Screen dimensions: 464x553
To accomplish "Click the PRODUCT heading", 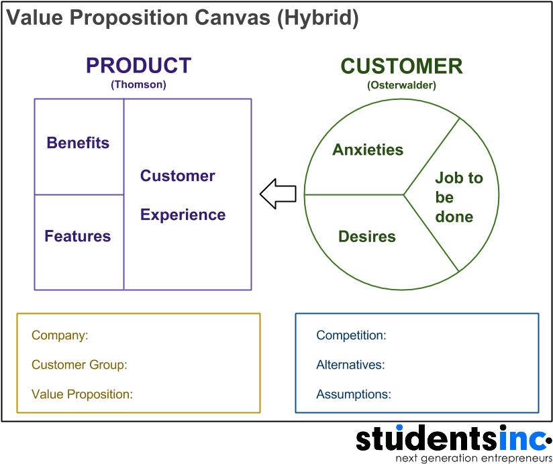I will [138, 66].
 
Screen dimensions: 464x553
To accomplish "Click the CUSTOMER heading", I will [401, 66].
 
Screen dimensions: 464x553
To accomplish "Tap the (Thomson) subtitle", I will [138, 85].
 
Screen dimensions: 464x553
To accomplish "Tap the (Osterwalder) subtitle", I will [401, 85].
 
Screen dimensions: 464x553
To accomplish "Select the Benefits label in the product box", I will [78, 143].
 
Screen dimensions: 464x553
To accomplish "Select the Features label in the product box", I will [78, 236].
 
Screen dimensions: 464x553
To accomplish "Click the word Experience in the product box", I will [183, 215].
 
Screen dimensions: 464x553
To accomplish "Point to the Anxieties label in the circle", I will [368, 150].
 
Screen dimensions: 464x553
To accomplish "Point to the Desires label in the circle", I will [367, 237].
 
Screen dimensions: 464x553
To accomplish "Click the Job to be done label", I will [458, 197].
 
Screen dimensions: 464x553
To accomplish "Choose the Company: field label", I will [60, 336].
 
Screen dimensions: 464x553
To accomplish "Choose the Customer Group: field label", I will [79, 365].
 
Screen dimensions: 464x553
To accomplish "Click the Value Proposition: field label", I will [82, 394].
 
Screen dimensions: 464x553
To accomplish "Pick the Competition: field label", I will [351, 336].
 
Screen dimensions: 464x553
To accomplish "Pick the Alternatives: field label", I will [350, 365].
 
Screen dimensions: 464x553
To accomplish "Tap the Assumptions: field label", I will [353, 394].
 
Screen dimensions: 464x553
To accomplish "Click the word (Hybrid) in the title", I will [317, 18].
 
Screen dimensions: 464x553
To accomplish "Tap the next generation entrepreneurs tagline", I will [473, 458].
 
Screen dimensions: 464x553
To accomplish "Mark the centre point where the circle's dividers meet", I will [404, 194].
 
